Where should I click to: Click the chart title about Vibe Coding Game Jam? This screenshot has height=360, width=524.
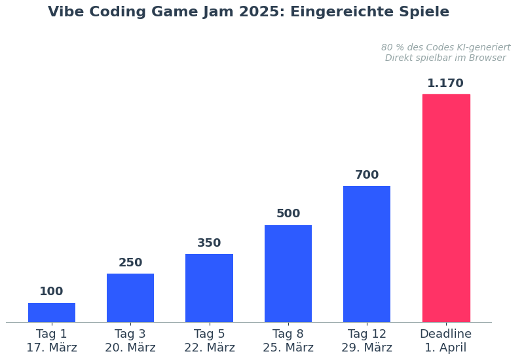pos(249,12)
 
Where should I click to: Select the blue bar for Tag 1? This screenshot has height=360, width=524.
pos(52,312)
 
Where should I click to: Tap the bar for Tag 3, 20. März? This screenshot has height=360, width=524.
pos(130,298)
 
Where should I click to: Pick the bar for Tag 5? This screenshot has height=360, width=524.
pos(209,288)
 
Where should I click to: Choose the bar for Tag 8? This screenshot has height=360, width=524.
pos(288,274)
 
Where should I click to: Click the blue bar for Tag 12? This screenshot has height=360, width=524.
pos(367,254)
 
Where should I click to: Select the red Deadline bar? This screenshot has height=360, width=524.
pos(445,208)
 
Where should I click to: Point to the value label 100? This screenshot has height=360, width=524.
pos(52,291)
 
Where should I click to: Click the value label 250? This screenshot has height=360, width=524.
pos(130,262)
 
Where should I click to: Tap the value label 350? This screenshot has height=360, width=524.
pos(209,243)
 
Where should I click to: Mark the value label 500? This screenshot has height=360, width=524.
pos(288,213)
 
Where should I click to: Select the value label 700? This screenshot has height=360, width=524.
pos(367,175)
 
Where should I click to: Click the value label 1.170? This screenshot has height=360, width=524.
pos(445,83)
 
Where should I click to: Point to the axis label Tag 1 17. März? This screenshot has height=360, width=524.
pos(52,340)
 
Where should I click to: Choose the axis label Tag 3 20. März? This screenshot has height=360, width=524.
pos(130,340)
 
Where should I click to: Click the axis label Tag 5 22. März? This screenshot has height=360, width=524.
pos(209,340)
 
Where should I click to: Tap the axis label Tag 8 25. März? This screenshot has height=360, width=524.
pos(288,340)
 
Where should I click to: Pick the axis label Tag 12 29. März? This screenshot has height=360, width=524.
pos(367,340)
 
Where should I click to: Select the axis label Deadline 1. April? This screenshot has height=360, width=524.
pos(445,340)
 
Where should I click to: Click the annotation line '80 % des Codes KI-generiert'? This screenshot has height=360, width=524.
pos(445,48)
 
